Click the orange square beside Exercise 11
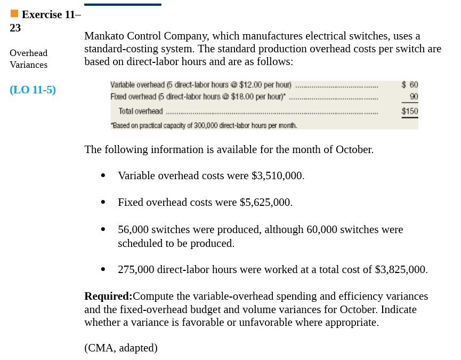tap(14, 13)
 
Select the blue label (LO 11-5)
tap(33, 90)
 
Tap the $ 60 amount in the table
tap(410, 84)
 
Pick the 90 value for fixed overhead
tap(414, 97)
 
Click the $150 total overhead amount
tap(410, 111)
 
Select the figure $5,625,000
tap(265, 203)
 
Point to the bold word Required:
tap(108, 296)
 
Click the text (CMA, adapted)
tap(121, 348)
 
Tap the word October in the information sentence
tap(354, 149)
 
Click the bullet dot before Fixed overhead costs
tap(103, 203)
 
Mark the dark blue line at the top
tap(123, 4)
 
